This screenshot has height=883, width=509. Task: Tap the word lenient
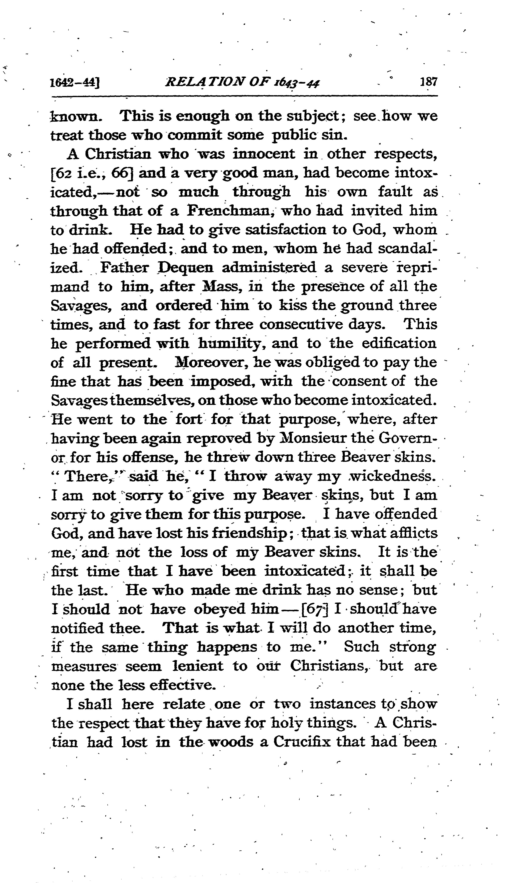click(x=198, y=666)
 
